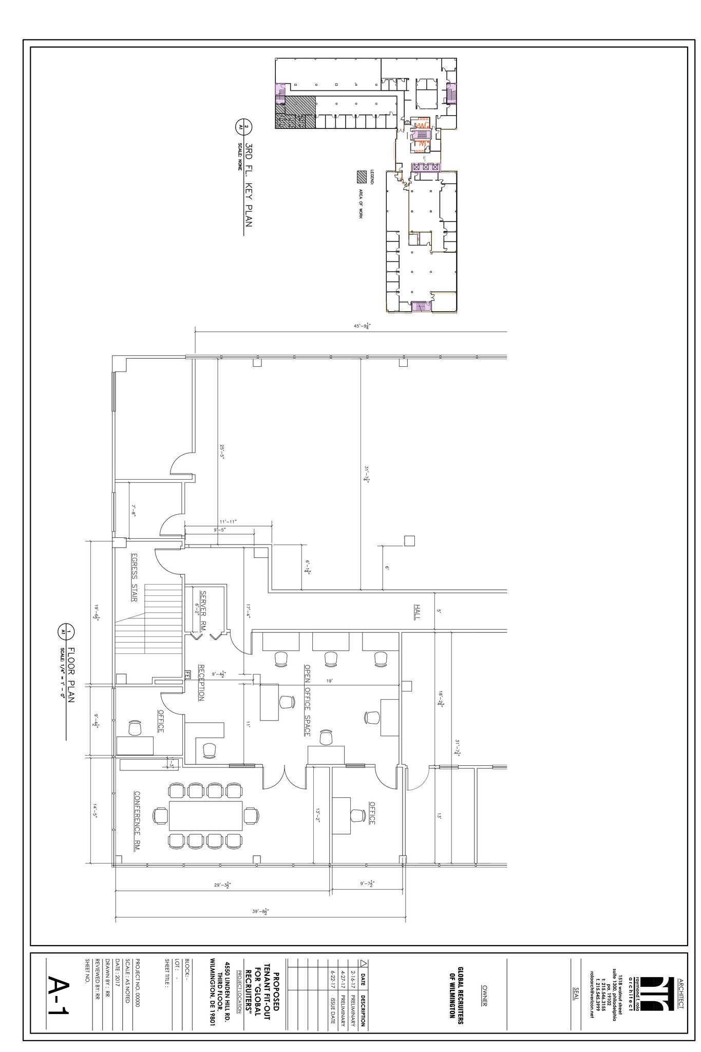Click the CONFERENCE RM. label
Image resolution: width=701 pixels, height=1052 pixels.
(137, 821)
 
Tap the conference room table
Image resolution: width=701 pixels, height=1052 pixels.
(205, 816)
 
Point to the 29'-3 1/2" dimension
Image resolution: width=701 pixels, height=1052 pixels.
(222, 885)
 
